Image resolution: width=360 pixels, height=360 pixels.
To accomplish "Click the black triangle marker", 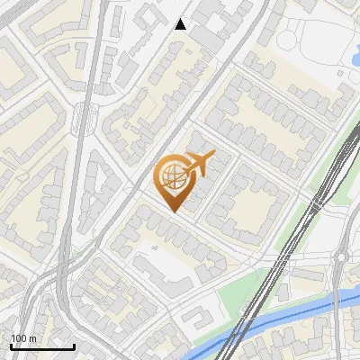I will (181, 24).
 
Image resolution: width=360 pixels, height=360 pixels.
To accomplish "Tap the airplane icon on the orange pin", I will (199, 163).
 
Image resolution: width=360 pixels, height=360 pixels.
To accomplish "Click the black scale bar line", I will (41, 347).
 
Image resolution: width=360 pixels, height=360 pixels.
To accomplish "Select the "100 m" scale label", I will (23, 338).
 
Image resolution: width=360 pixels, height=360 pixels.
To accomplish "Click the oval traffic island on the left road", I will (86, 114).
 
